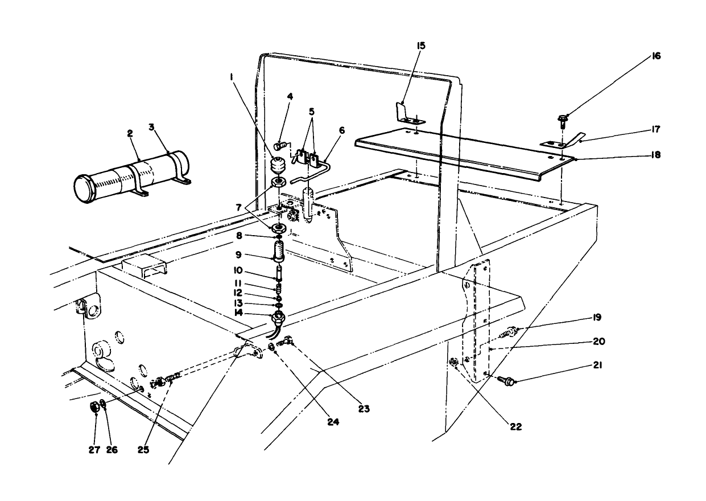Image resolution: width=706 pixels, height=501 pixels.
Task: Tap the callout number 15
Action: (x=421, y=45)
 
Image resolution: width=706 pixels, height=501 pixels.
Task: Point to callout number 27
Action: (x=94, y=449)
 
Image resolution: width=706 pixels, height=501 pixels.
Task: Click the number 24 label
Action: (x=332, y=422)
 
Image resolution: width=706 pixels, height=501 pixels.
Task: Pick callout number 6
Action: (x=341, y=130)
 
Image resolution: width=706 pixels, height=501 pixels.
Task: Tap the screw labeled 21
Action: (x=505, y=380)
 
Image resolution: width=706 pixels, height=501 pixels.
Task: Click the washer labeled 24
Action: (x=271, y=346)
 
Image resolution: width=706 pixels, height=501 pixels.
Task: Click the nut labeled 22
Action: (x=454, y=362)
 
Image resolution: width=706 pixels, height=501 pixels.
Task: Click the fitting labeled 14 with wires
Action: (x=279, y=315)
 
